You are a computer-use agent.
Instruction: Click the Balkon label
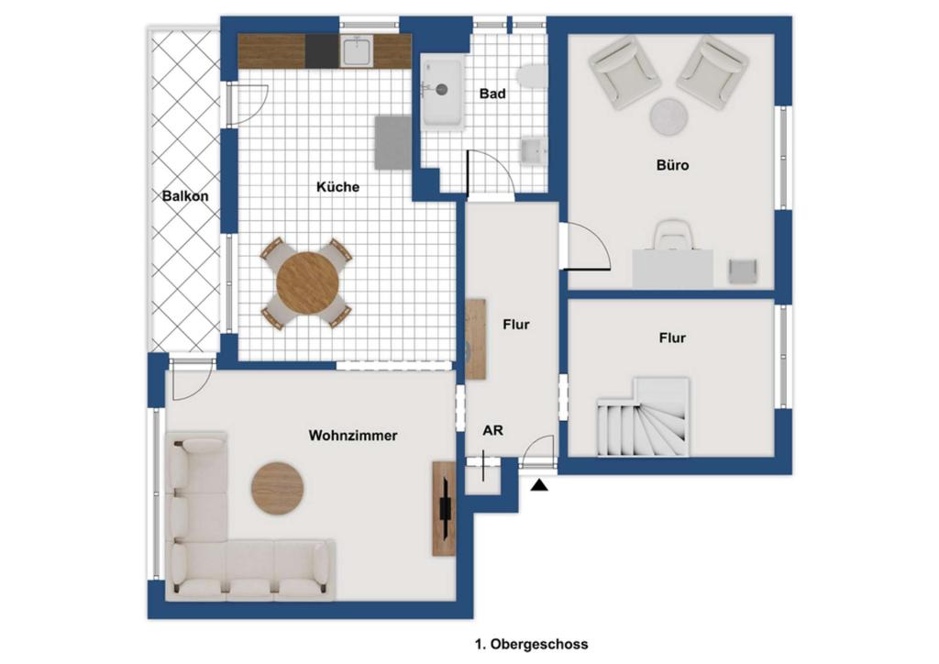click(x=185, y=195)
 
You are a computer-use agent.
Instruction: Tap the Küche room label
click(x=337, y=187)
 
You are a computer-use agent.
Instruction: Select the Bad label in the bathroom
click(x=492, y=94)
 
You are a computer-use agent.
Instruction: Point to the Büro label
click(x=672, y=165)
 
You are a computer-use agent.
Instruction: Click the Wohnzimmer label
click(x=353, y=436)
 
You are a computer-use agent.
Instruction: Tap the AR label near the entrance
click(x=492, y=430)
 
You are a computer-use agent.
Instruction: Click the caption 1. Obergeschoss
click(x=531, y=644)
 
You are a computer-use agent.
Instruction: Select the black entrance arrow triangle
click(x=539, y=485)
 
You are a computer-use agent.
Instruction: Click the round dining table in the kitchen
click(x=308, y=282)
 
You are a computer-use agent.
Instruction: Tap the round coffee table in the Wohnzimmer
click(x=277, y=488)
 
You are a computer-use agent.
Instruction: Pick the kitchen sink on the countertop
click(x=357, y=50)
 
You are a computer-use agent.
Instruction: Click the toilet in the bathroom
click(x=533, y=76)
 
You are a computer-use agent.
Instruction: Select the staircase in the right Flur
click(x=643, y=416)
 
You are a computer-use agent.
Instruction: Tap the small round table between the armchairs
click(x=669, y=116)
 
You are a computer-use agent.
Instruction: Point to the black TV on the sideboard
click(x=446, y=508)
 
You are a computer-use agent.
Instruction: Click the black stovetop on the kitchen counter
click(x=322, y=50)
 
